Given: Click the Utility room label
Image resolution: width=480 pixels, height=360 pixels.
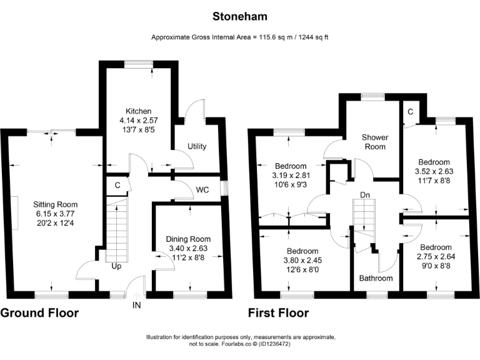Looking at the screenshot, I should [197, 146].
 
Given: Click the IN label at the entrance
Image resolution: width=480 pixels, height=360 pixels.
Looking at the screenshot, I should [137, 306].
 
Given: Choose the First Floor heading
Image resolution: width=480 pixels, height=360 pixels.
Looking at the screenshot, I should [279, 312].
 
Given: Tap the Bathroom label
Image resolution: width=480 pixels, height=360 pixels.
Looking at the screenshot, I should [376, 278].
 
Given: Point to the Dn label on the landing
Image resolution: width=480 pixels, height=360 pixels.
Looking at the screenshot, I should [367, 196].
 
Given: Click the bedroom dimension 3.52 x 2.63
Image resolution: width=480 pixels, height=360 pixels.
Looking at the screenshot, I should [434, 171].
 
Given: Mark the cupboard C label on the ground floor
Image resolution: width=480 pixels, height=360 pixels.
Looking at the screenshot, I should [117, 185].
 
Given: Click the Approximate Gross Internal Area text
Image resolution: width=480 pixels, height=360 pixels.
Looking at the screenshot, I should [240, 37].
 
